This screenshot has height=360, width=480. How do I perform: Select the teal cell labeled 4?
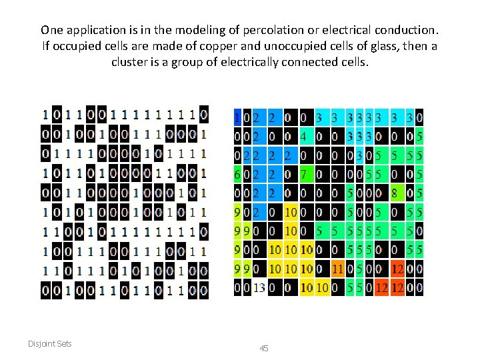(303, 137)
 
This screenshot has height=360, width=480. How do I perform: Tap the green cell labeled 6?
(237, 175)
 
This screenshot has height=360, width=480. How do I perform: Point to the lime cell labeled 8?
(396, 194)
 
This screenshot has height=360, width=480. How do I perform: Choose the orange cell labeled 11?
(338, 270)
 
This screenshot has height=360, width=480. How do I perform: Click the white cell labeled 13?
(259, 289)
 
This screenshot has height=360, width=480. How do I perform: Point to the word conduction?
(400, 30)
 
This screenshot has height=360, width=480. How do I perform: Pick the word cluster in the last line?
(129, 62)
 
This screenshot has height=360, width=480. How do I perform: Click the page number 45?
(263, 349)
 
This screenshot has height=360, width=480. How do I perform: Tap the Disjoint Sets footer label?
(50, 343)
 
